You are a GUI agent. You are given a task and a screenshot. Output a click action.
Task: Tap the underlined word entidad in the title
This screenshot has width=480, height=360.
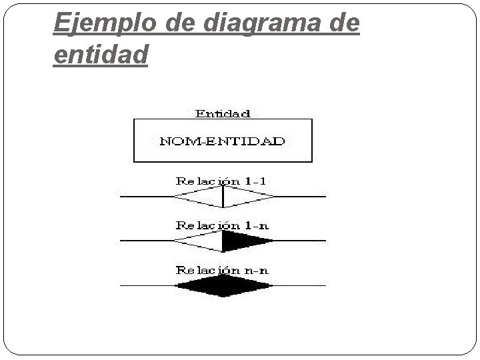pos(99,55)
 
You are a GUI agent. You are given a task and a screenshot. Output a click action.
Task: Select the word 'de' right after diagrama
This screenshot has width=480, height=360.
pos(341,24)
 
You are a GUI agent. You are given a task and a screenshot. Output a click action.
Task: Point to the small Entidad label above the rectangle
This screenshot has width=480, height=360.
pos(223,113)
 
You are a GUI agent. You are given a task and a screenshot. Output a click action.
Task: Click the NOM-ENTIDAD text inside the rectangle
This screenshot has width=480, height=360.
pos(223,141)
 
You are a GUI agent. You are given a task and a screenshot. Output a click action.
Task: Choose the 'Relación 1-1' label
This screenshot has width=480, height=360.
pos(223,181)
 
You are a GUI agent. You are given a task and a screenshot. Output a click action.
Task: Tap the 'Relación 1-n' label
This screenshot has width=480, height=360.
pos(223,225)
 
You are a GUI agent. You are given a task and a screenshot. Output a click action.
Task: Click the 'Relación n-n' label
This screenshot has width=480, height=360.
pos(223,270)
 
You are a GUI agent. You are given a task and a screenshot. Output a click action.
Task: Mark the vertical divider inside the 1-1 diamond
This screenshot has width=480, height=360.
pos(223,197)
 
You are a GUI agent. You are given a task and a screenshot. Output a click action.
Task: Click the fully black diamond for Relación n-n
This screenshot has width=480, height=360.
pos(223,286)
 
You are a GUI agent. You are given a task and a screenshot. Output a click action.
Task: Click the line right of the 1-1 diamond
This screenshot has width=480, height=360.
pos(300,197)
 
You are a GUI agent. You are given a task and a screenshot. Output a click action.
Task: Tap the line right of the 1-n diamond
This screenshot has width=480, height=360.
pos(300,241)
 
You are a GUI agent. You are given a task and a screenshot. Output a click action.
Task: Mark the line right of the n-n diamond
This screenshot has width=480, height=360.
pos(300,286)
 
